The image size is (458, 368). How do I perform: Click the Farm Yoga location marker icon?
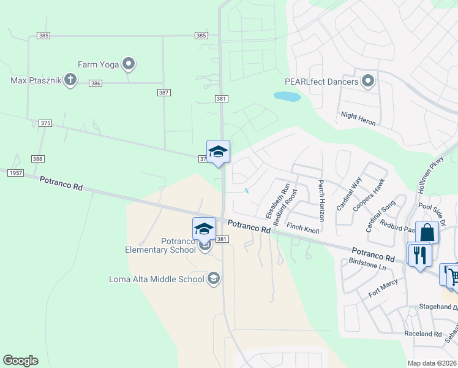tap(129, 63)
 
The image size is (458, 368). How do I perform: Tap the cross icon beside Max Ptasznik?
tap(70, 80)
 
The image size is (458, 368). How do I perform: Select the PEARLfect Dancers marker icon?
tap(368, 81)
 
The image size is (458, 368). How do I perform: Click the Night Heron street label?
tap(358, 118)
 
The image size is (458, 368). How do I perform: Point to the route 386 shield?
tap(95, 83)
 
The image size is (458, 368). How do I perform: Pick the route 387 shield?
tap(163, 92)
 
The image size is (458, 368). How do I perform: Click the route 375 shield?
tap(45, 123)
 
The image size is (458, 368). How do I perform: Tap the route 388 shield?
tap(38, 159)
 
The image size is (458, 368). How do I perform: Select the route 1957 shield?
tap(15, 173)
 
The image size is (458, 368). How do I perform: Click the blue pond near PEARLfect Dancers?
tap(287, 96)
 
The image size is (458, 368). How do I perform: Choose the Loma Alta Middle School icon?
tap(214, 279)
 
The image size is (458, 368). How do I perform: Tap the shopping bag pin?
tap(427, 233)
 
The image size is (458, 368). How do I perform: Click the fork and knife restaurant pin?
tap(419, 254)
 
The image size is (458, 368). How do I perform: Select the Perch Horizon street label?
tap(321, 201)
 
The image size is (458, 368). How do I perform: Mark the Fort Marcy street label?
tap(383, 288)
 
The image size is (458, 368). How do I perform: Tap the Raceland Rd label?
tap(423, 334)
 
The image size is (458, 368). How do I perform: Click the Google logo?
tap(20, 361)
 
